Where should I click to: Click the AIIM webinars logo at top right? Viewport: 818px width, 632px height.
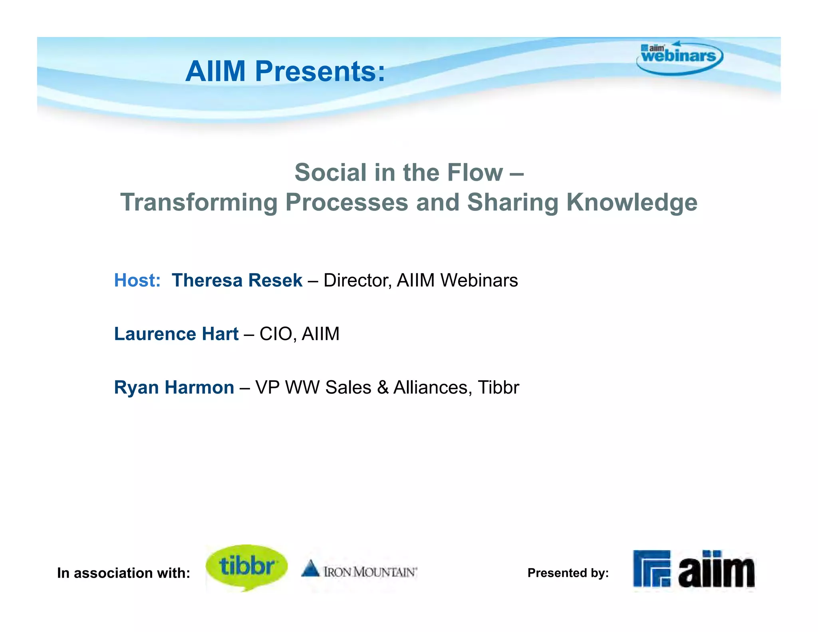click(679, 58)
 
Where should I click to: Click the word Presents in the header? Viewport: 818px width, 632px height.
click(320, 72)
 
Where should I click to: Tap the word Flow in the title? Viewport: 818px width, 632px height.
click(475, 173)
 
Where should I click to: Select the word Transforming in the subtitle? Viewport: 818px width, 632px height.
click(199, 202)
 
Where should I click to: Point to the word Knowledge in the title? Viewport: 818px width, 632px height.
click(632, 202)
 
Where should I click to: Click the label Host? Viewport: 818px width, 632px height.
click(137, 280)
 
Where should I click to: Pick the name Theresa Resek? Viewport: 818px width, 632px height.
click(237, 280)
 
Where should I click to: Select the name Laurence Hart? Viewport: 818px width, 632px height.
click(176, 334)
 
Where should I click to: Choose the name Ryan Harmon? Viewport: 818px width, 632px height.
click(174, 388)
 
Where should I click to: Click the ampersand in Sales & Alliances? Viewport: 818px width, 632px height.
click(383, 388)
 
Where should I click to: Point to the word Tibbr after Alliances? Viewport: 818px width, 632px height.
click(498, 388)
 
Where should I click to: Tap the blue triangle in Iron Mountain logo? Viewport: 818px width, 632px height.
click(310, 568)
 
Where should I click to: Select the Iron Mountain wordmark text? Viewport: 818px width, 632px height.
click(370, 572)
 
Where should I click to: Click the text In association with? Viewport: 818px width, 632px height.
click(123, 573)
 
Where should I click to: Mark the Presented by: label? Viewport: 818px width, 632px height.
click(568, 573)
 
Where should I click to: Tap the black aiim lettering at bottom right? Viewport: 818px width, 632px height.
click(716, 570)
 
